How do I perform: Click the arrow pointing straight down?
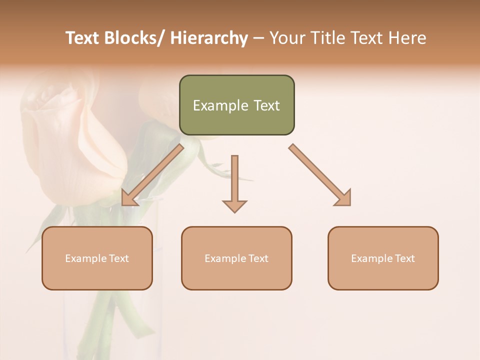coord(234,183)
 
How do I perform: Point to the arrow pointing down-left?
coord(153,175)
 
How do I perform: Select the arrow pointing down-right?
coord(320,175)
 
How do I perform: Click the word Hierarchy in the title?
coord(209,38)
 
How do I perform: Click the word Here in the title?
coord(408,38)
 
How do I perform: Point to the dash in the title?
coord(258,38)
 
